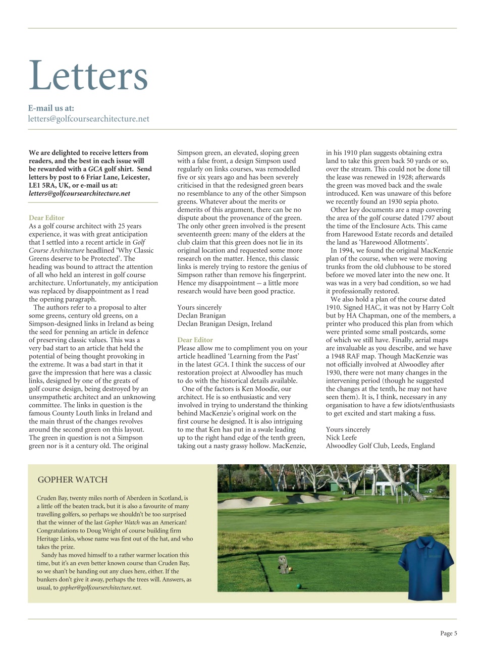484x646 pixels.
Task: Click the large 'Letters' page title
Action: click(x=88, y=76)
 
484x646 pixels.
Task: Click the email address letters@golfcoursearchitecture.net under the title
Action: click(x=89, y=119)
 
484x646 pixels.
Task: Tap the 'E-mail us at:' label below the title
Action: click(x=51, y=108)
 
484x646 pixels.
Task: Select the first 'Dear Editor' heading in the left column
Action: click(x=46, y=218)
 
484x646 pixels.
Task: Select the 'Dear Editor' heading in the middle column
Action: click(x=195, y=340)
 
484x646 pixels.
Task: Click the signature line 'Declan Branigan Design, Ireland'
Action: click(x=225, y=324)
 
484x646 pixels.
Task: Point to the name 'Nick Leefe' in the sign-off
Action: click(x=341, y=438)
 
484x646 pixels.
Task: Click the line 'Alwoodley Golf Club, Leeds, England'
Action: click(x=380, y=446)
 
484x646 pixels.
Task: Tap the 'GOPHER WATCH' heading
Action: click(x=73, y=479)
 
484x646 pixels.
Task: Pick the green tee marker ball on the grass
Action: click(x=299, y=586)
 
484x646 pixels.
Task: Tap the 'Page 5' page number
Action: click(x=448, y=633)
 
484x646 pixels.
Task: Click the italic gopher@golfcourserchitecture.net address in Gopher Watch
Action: click(x=100, y=588)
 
